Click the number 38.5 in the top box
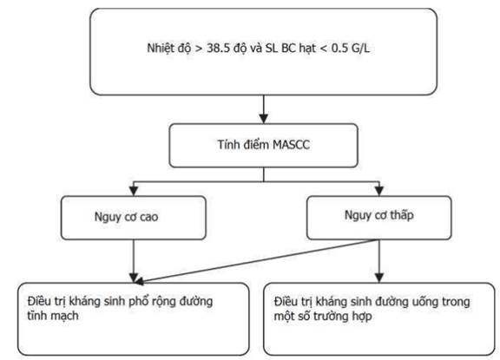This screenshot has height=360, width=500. (219, 48)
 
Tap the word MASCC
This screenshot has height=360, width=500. (291, 145)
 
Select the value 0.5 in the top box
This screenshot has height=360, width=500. (339, 48)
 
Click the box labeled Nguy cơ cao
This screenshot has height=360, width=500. (134, 218)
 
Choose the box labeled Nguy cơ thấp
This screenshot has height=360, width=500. (378, 218)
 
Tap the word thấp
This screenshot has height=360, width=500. (402, 215)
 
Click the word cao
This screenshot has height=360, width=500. (148, 217)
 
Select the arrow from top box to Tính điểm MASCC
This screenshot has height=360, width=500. (263, 109)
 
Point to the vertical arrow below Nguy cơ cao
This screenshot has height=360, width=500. (134, 261)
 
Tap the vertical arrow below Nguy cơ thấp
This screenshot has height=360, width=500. (378, 261)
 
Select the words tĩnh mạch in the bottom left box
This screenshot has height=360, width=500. (53, 316)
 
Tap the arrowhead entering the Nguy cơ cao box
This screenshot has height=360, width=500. (134, 191)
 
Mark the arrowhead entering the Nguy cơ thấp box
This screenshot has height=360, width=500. (378, 191)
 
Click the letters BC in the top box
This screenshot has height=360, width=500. (288, 48)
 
